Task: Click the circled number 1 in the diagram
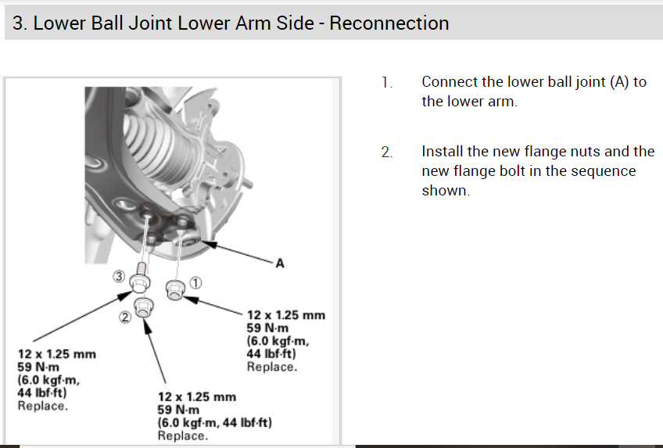195,281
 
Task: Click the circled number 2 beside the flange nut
123,317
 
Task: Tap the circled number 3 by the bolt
117,276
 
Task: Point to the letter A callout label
279,263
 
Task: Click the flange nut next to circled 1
174,289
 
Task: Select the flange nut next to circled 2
143,306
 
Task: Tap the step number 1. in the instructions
386,82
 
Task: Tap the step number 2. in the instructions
386,152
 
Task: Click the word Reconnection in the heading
389,23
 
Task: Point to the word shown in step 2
445,191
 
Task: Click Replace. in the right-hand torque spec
271,366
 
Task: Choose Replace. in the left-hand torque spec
42,405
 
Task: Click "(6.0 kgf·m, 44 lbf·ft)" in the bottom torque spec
215,422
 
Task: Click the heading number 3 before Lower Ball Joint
18,23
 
